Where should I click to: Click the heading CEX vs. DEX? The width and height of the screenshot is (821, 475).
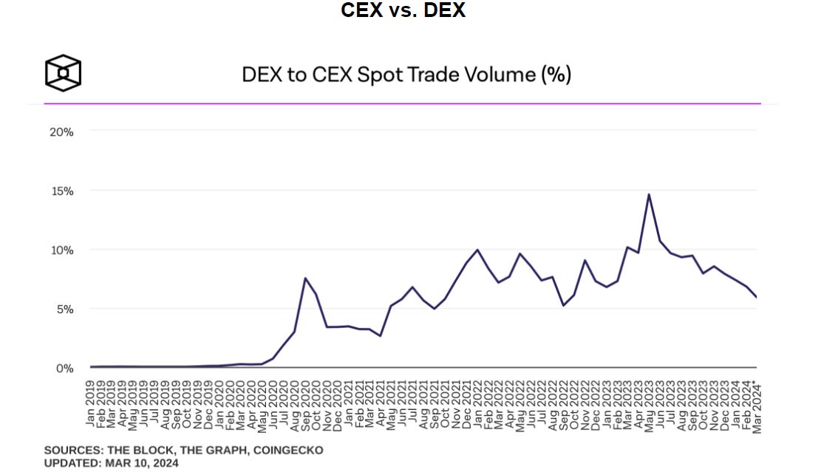tap(403, 11)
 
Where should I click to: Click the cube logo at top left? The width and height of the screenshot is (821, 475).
tap(63, 73)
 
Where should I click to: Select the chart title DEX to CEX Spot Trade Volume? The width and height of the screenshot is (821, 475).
tap(406, 75)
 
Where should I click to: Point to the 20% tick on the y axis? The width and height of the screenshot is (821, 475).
tap(61, 131)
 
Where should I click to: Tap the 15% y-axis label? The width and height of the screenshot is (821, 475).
tap(61, 191)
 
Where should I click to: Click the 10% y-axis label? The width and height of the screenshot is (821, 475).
tap(61, 250)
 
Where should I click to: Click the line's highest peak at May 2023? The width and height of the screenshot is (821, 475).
tap(648, 194)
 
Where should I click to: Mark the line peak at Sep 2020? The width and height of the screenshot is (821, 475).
tap(305, 278)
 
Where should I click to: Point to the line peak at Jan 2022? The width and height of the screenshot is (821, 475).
tap(477, 250)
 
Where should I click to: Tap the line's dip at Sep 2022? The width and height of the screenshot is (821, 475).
tap(563, 305)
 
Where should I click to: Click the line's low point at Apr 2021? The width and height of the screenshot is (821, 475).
tap(381, 336)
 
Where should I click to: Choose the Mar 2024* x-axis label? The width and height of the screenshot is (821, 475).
tap(757, 404)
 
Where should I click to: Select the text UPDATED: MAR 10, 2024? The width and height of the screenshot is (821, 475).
tap(111, 463)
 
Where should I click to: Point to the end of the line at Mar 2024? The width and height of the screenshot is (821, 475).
tap(756, 297)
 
